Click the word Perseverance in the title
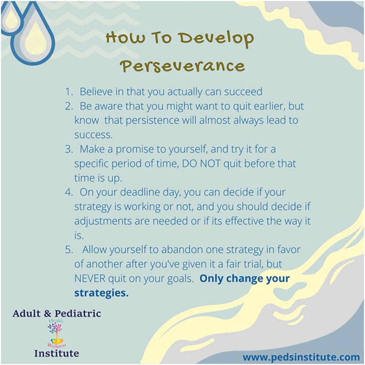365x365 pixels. pos(182,66)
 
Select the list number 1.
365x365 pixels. pos(69,92)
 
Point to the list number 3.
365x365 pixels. pos(69,149)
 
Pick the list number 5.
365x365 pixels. pos(69,250)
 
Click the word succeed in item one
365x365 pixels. pos(243,92)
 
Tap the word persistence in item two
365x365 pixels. pos(152,120)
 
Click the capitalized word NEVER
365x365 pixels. pos(90,279)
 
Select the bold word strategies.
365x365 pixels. pos(101,293)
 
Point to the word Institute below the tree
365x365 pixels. pos(57,353)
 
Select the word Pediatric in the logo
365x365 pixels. pos(78,314)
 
